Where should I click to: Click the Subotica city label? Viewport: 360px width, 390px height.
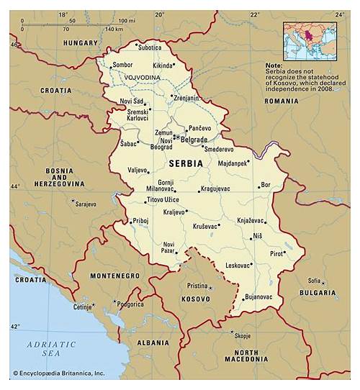coord(150,47)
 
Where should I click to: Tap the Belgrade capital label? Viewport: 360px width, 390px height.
coord(194,139)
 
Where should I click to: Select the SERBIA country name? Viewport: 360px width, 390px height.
coord(186,163)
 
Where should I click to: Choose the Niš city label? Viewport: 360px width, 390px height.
coord(257,235)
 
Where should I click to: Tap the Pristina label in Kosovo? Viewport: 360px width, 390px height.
coord(197,286)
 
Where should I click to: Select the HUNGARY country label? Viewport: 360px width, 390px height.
coord(80,43)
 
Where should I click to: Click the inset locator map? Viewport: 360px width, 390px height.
coord(309,40)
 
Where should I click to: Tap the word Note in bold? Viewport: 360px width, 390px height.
coord(274,65)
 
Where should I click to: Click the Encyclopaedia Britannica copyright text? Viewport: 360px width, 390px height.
coord(59,373)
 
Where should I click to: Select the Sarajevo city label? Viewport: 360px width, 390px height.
coord(85,204)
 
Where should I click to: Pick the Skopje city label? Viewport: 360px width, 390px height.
coord(242,335)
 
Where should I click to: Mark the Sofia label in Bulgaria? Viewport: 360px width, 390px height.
coord(314,280)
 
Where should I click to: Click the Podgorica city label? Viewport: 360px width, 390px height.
coord(131,304)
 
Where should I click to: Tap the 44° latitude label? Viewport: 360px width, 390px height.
coord(14,186)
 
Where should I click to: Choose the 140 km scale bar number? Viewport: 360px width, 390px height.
coord(114,30)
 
